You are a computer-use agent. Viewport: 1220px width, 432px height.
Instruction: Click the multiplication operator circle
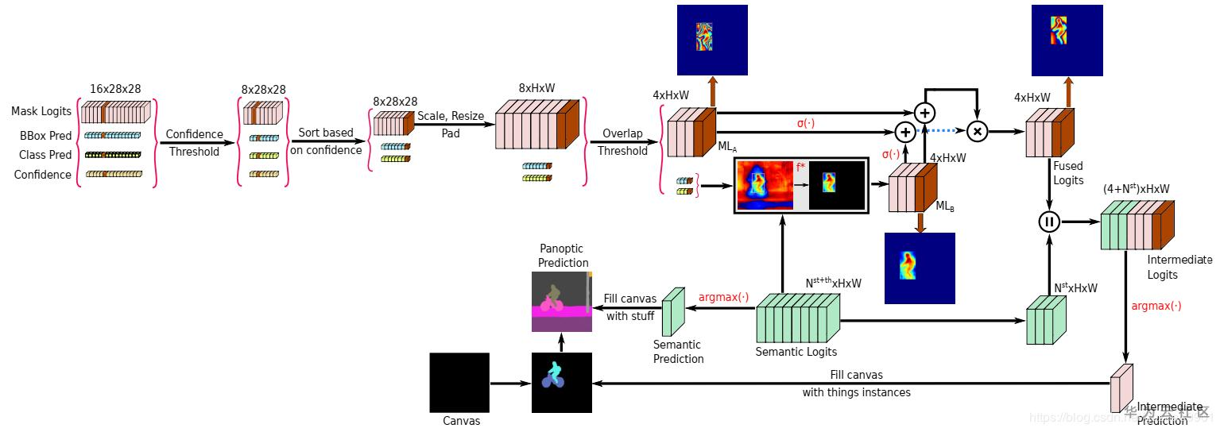pos(977,131)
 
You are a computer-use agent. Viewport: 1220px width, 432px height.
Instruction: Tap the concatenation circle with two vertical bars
pos(1049,222)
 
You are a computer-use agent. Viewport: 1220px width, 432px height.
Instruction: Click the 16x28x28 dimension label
pos(115,89)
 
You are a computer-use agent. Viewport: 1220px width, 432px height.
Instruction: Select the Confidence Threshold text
pos(194,143)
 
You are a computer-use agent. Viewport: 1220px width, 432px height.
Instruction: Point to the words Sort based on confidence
pos(326,141)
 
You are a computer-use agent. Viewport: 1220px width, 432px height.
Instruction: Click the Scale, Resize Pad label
pos(451,125)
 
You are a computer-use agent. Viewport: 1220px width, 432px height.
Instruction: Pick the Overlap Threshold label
pos(622,142)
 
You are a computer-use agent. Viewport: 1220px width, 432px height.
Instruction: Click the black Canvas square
pos(459,382)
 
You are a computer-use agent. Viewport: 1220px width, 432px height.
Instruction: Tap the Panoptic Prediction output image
pos(562,301)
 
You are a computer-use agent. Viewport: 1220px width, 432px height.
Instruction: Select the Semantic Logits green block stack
pos(797,318)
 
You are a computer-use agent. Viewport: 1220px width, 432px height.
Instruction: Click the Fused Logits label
pos(1068,173)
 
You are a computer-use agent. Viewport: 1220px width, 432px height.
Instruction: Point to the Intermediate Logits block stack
pos(1137,225)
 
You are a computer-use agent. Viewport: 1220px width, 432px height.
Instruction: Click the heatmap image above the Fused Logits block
pos(1067,40)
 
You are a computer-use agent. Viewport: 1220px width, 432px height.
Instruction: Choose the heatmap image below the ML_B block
pos(920,268)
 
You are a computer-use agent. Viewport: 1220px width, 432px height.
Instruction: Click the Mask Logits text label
pos(41,111)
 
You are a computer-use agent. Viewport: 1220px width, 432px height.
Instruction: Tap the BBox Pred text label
pos(45,135)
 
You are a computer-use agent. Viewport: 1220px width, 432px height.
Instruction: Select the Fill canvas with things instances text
pos(855,383)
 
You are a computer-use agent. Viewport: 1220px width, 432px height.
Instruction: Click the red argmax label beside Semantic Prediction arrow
pos(723,297)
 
